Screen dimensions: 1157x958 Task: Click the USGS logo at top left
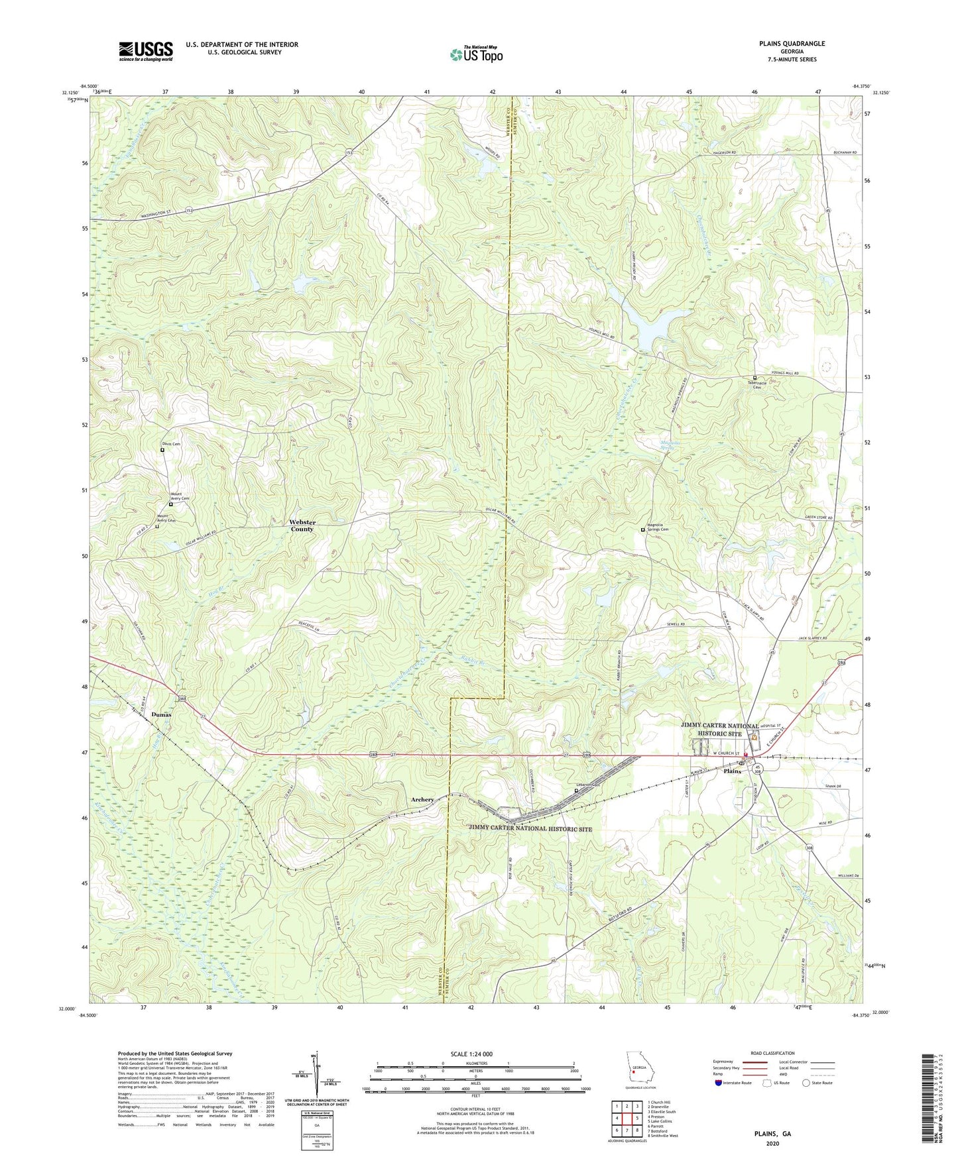tap(145, 51)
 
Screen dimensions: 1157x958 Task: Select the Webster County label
tap(302, 525)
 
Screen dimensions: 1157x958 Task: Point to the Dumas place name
tap(161, 714)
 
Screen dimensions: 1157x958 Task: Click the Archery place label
tap(422, 800)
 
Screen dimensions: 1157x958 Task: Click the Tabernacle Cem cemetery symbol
tap(754, 378)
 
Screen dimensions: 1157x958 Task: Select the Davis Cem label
tap(171, 444)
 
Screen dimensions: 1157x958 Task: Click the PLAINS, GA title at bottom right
tap(772, 1134)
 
